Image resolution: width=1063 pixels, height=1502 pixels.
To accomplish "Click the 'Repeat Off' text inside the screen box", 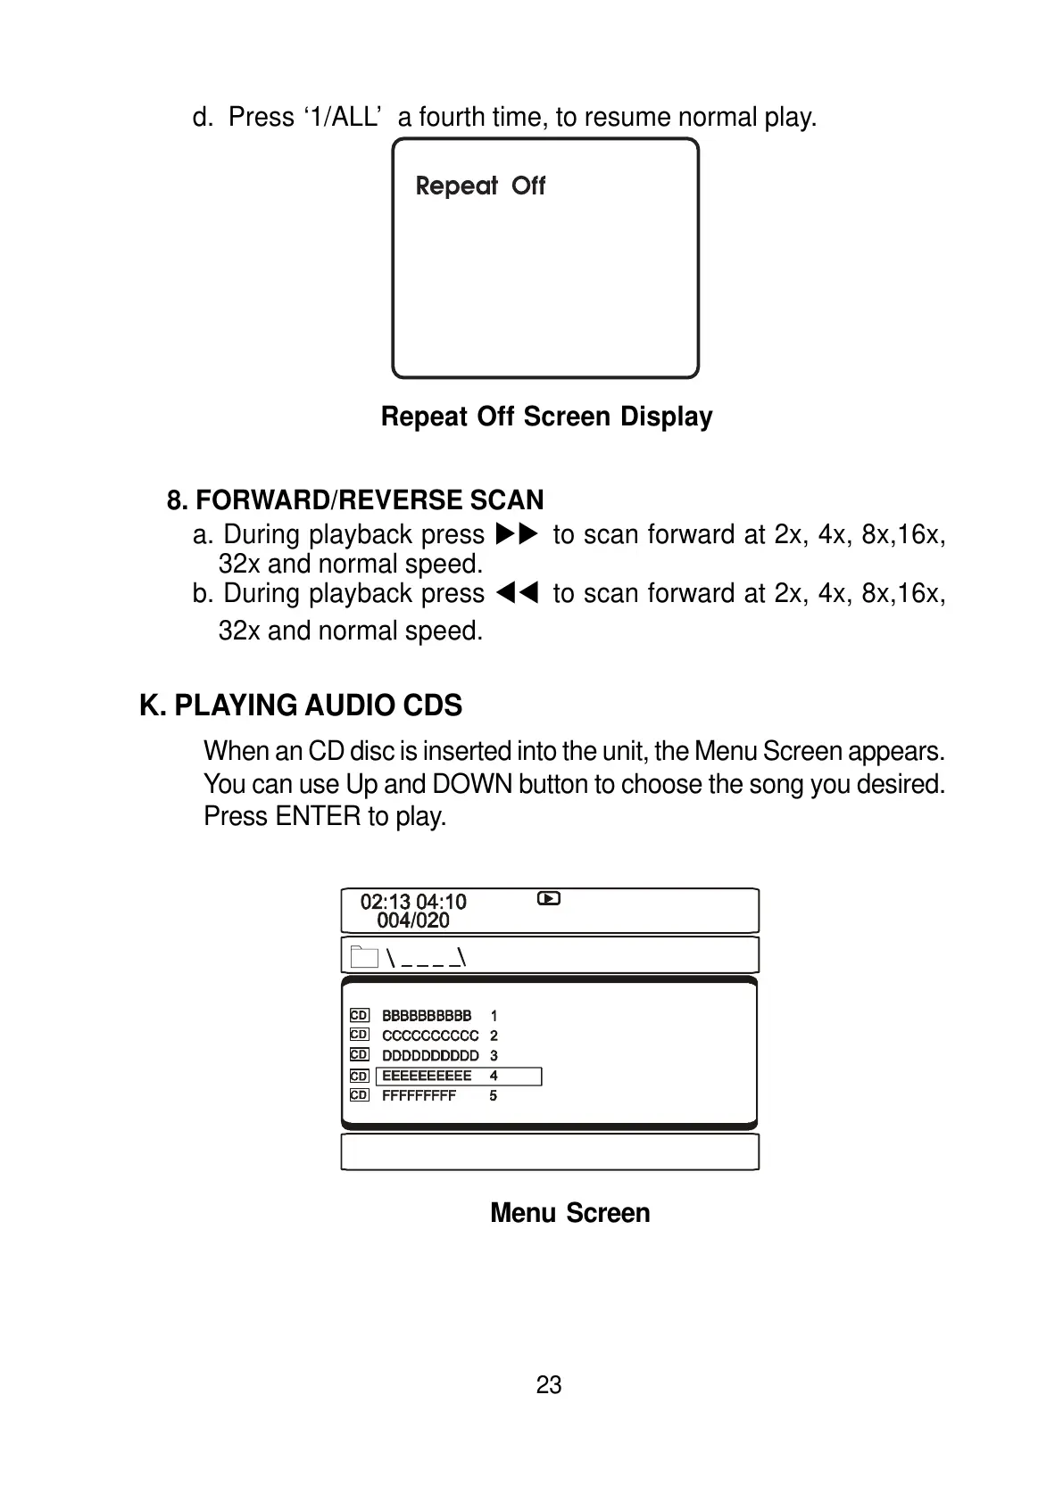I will (480, 186).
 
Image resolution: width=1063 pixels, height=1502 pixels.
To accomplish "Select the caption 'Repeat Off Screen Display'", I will (546, 417).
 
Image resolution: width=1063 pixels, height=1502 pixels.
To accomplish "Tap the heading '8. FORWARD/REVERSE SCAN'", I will (355, 499).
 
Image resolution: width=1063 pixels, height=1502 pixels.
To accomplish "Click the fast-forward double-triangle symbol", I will (518, 534).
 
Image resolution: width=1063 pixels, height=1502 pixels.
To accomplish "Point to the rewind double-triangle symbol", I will (518, 593).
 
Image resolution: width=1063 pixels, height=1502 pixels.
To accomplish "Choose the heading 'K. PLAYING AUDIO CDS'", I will (301, 706).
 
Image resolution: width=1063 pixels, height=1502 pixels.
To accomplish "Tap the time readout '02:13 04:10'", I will (413, 902).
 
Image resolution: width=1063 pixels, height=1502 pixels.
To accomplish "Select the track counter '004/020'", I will (413, 920).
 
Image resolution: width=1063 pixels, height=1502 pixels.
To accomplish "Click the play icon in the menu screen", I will (549, 899).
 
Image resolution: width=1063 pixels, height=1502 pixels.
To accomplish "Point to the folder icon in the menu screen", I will (364, 957).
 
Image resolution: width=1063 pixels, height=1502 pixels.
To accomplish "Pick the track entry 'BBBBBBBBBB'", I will (427, 1016).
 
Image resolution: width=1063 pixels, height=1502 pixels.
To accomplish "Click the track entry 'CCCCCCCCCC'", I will (430, 1036).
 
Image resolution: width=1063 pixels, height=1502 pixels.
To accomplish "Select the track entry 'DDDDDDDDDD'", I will (430, 1055).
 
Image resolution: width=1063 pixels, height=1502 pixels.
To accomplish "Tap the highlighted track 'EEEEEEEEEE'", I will (427, 1076).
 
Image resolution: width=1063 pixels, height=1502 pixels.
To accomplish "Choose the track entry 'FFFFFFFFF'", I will (419, 1095).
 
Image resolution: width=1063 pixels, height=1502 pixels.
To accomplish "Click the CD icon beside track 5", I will (359, 1095).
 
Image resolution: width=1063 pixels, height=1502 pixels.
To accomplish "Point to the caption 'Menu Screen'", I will (569, 1213).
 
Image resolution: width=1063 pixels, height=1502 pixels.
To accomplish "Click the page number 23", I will (549, 1384).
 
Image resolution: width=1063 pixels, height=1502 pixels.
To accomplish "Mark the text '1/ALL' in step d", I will (343, 117).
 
